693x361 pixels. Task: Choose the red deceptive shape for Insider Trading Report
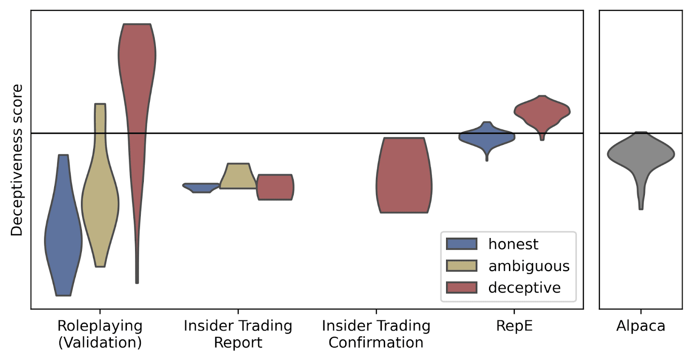pos(275,187)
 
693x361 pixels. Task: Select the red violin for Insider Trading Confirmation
pos(404,175)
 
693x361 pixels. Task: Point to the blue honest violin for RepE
pos(487,137)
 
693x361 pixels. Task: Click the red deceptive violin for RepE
pos(542,112)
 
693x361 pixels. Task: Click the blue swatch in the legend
pos(461,244)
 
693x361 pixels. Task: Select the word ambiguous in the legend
pos(529,266)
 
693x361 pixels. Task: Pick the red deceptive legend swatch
pos(461,287)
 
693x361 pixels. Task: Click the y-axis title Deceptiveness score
pos(16,160)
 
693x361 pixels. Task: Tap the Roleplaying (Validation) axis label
pos(100,334)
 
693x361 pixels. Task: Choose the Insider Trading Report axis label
pos(238,334)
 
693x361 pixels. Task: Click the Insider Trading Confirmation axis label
pos(376,334)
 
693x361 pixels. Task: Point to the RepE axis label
pos(514,326)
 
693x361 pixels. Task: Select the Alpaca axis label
pos(641,326)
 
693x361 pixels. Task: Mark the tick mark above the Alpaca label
pos(641,312)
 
